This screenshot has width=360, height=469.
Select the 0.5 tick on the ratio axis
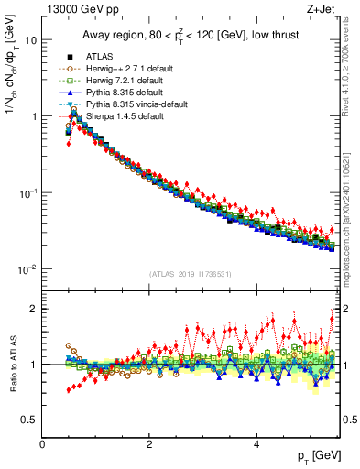pos(29,420)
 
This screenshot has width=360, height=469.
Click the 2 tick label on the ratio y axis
pos(34,309)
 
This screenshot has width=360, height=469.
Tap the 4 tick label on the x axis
pos(256,444)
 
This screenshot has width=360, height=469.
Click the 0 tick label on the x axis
pos(42,444)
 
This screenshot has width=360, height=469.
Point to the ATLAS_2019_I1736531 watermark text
pos(191,275)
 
